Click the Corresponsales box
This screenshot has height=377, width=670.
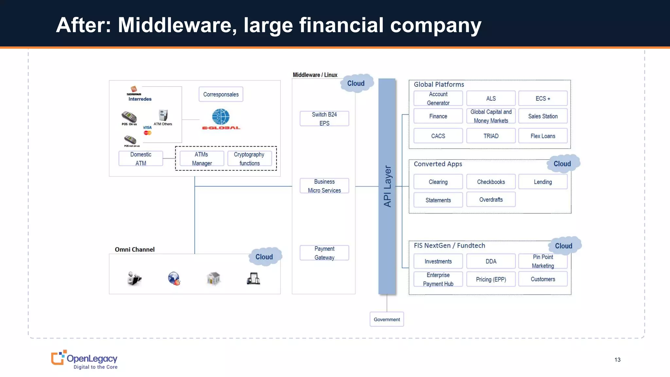[x=221, y=94]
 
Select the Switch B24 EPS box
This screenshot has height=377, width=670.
[x=324, y=118]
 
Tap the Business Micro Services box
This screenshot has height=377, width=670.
[x=324, y=186]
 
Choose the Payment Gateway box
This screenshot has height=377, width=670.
[x=324, y=253]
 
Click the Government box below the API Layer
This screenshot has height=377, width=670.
[x=387, y=319]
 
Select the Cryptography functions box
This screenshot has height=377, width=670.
[x=249, y=159]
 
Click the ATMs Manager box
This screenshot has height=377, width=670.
[x=202, y=159]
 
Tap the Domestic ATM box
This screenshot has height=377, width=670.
[x=141, y=159]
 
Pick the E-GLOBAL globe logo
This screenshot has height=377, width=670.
[x=221, y=117]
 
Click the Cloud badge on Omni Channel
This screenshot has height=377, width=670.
[x=264, y=257]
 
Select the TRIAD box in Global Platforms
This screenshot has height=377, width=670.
[x=491, y=136]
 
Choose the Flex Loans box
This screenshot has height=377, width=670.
[x=543, y=136]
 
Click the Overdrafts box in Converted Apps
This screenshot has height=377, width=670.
[x=491, y=200]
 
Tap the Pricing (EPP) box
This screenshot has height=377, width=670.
[x=491, y=279]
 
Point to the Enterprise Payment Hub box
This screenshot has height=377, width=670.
[x=438, y=279]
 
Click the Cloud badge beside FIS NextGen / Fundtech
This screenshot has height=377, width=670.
[x=564, y=246]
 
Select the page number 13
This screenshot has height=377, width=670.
[x=617, y=360]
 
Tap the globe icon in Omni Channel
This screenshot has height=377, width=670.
[x=174, y=278]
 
